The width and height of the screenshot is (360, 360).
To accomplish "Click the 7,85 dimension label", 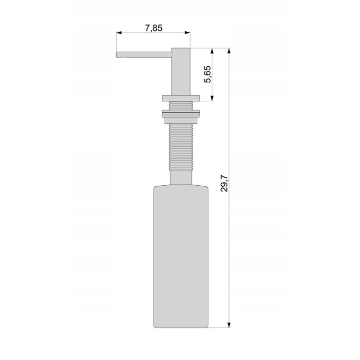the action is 154,28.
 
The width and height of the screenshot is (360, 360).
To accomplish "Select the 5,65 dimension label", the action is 207,74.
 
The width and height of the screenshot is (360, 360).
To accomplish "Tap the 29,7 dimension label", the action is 224,183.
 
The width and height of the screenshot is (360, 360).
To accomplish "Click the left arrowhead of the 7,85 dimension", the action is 119,33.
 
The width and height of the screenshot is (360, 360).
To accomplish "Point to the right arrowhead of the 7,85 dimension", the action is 188,33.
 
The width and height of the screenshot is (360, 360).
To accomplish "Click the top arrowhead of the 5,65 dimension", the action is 212,51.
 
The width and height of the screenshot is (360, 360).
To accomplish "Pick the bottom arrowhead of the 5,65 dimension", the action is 212,98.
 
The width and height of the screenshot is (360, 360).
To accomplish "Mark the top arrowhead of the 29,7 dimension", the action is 228,51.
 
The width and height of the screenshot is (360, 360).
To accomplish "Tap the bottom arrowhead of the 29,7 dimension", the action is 228,325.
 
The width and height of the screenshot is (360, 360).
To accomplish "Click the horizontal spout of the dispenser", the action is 144,55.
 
